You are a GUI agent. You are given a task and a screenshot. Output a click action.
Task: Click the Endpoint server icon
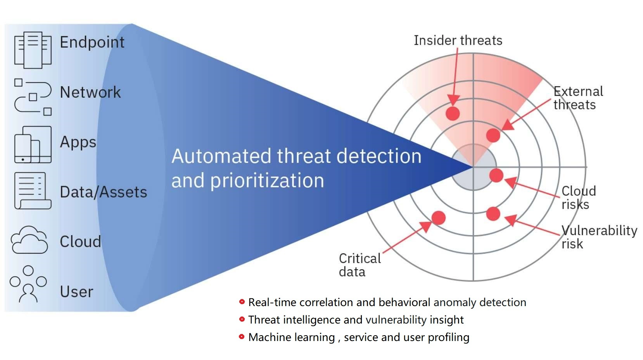point(33,50)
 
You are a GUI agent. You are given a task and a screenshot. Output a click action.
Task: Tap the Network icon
point(33,97)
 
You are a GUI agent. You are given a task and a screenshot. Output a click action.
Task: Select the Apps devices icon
point(33,144)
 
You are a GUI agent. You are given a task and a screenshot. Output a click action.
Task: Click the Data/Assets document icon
point(33,191)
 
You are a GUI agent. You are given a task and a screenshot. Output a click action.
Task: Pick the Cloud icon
point(29,240)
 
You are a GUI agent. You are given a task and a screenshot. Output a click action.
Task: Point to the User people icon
point(28,284)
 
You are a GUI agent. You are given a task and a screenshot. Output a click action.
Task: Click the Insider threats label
point(458,40)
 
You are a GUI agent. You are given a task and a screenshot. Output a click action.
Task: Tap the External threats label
point(578,98)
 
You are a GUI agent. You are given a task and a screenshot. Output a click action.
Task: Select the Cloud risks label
point(578,197)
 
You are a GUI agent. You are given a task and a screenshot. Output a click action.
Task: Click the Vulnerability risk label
point(599,237)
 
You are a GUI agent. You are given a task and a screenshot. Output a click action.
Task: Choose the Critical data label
point(360,265)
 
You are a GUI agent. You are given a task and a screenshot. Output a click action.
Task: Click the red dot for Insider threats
point(453,113)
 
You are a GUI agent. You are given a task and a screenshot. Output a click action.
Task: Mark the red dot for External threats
point(493,135)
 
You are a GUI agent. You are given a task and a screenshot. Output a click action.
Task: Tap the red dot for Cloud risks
point(496,175)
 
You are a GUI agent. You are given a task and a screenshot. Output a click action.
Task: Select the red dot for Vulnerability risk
point(493,214)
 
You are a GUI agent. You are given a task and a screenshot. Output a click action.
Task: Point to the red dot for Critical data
point(438,218)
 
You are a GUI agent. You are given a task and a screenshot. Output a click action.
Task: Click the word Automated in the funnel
point(221,156)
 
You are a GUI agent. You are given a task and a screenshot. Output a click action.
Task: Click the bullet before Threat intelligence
point(242,319)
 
